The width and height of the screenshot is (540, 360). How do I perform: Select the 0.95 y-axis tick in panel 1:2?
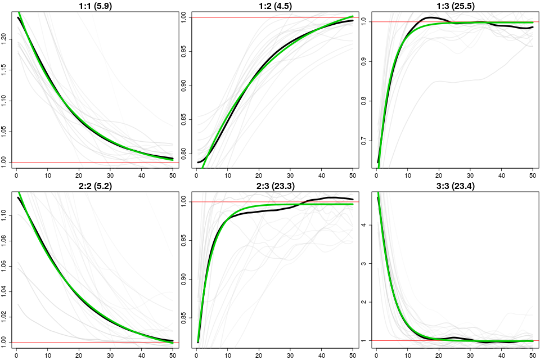coord(186,51)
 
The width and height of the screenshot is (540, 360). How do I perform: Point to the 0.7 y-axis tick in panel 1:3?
coord(366,141)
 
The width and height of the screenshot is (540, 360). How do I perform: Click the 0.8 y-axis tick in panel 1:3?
coord(366,101)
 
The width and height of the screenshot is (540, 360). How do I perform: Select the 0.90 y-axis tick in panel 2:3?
coord(186,280)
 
